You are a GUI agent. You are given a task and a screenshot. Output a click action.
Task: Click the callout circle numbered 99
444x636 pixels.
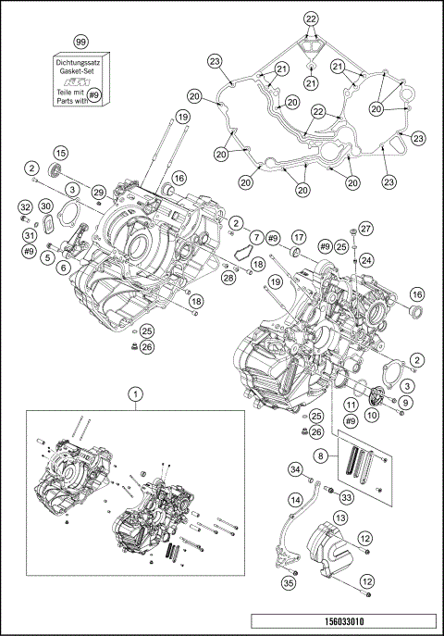click(x=80, y=42)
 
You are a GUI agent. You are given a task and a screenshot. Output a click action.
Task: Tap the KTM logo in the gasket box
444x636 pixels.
click(x=80, y=81)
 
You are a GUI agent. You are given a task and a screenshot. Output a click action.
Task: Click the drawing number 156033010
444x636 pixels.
click(x=347, y=622)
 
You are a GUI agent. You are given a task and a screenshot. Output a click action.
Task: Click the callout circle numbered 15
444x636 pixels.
click(x=60, y=153)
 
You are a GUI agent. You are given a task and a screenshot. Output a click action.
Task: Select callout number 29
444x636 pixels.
click(x=98, y=191)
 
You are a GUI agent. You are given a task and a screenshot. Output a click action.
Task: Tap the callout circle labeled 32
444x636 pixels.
click(x=26, y=206)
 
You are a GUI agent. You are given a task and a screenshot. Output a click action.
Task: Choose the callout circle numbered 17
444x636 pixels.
click(x=299, y=238)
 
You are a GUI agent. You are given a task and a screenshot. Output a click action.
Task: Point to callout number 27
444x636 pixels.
click(x=365, y=229)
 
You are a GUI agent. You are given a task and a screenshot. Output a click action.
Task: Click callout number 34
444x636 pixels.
click(x=294, y=469)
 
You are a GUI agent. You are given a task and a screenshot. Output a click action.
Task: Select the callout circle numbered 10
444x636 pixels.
click(x=371, y=416)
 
